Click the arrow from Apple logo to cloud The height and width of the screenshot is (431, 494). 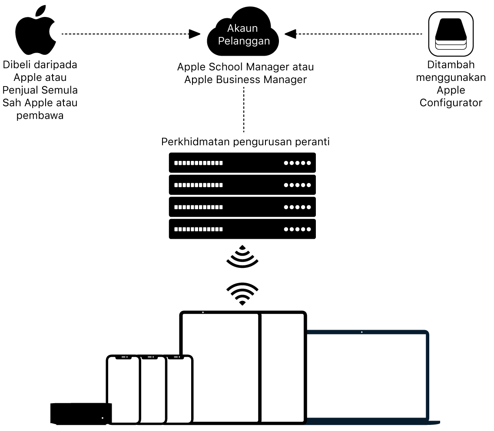(130, 34)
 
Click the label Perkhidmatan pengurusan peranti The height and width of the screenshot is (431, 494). (245, 142)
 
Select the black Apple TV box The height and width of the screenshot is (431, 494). (81, 413)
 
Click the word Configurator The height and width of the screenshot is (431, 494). (451, 103)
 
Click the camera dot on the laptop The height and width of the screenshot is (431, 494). (362, 332)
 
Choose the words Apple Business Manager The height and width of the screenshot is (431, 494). (245, 80)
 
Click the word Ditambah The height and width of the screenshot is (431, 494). (451, 65)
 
